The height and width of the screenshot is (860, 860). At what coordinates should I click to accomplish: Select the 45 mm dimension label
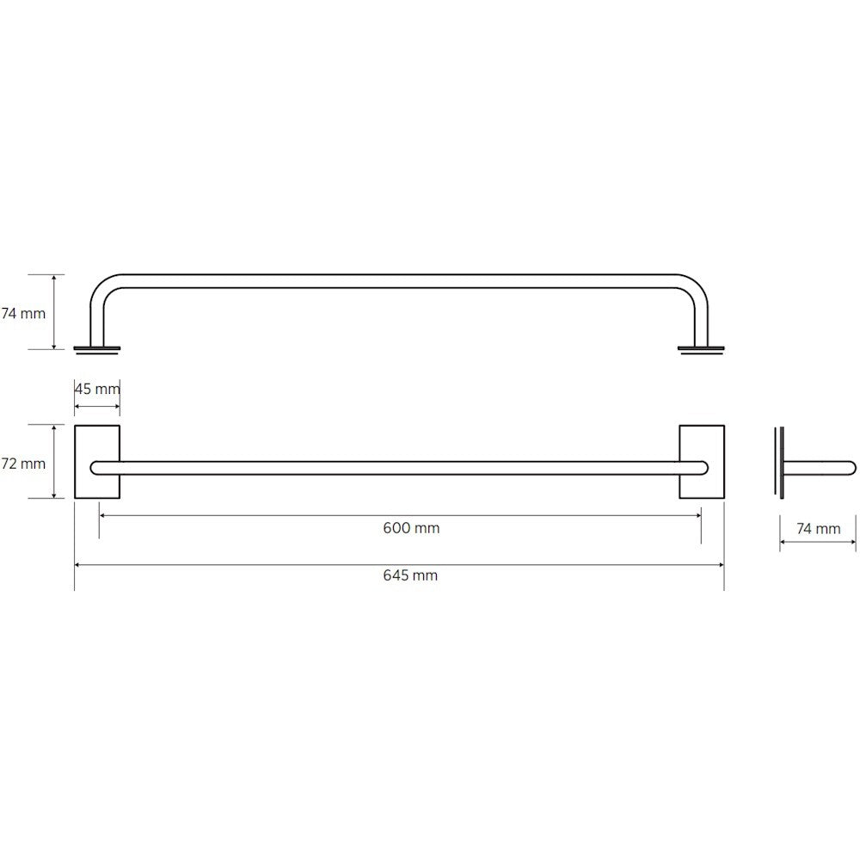(97, 389)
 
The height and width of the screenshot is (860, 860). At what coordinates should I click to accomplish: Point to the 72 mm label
(23, 464)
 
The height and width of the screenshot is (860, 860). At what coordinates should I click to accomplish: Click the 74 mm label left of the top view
(23, 314)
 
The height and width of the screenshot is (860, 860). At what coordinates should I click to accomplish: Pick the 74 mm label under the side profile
(818, 529)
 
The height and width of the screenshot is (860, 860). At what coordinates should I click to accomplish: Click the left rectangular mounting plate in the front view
(97, 462)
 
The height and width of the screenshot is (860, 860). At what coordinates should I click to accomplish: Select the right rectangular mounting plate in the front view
(702, 462)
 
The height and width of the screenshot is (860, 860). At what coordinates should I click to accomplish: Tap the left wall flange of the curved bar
(97, 348)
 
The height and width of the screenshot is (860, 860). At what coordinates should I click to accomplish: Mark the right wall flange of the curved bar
(701, 348)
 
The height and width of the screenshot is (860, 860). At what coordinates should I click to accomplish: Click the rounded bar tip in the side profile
(851, 468)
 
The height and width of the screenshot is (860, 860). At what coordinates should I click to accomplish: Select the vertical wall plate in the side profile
(779, 462)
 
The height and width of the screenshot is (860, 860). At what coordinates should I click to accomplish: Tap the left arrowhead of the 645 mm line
(77, 565)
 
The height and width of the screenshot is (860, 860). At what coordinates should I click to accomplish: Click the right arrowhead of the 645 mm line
(721, 565)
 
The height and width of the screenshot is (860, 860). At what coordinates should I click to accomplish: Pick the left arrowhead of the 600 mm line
(102, 515)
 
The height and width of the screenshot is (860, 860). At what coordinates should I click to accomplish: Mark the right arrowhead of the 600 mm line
(697, 515)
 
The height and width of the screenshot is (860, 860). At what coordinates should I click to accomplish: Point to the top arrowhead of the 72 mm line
(55, 427)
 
